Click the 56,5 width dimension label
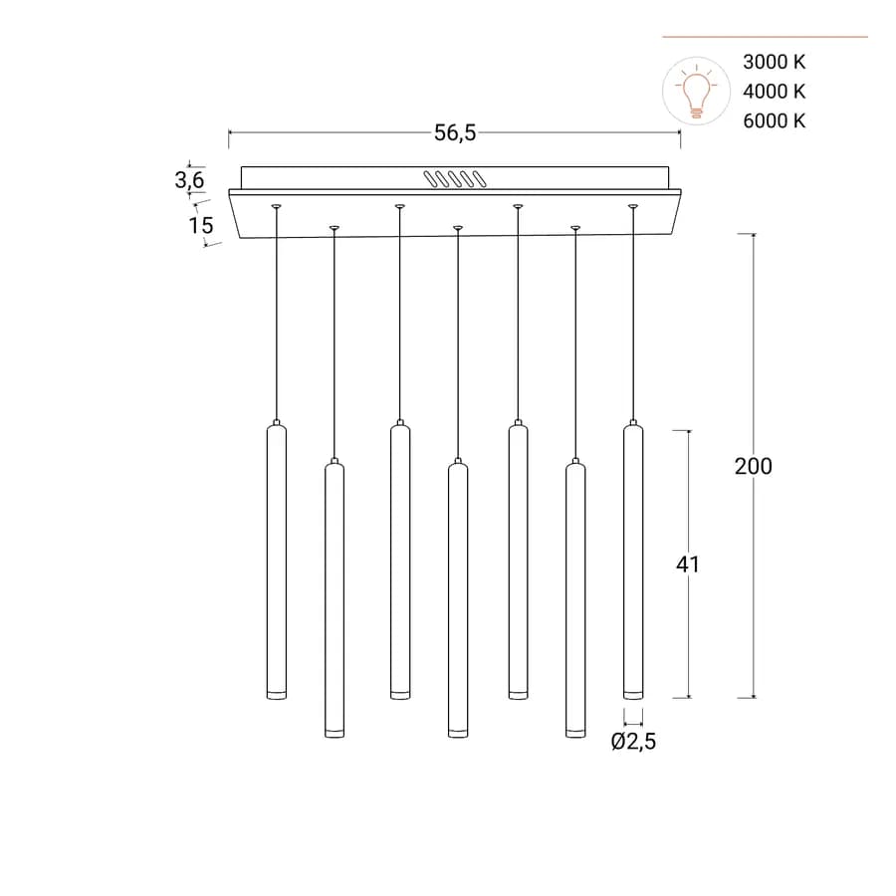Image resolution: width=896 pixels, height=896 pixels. [x=455, y=132]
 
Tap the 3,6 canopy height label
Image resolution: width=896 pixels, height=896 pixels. [x=189, y=180]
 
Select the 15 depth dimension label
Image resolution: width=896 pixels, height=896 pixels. [x=201, y=225]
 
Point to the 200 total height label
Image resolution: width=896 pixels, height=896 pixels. [x=754, y=466]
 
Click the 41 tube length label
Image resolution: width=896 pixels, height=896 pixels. [x=687, y=564]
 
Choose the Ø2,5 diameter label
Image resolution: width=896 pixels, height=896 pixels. [x=634, y=741]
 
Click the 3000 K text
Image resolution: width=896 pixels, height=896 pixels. [x=775, y=62]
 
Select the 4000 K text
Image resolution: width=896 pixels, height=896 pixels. [x=775, y=92]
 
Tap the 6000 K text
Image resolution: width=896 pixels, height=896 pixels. [x=775, y=121]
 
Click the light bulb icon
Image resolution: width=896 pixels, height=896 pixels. [x=696, y=91]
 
